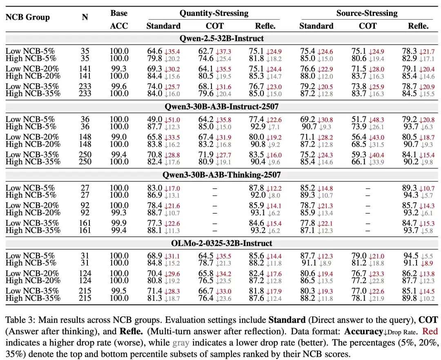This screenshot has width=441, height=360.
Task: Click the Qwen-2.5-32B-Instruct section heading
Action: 222,38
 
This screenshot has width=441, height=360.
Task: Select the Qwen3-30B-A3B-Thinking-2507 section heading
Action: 222,175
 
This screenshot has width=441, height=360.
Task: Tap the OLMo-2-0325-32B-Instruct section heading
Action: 222,243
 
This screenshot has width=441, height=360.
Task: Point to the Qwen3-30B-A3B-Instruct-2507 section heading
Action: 222,107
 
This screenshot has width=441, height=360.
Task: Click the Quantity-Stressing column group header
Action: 214,13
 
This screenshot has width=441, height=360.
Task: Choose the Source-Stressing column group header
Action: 367,13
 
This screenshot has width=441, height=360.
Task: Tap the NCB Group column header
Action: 28,17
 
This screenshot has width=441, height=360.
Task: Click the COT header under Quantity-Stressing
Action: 215,26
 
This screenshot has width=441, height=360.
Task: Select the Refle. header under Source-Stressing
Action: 418,26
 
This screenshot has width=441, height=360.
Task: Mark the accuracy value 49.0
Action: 155,119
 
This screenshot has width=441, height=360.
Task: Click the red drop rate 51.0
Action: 172,120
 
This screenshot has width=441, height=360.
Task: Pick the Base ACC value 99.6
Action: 119,86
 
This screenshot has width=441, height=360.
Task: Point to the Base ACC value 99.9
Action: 119,223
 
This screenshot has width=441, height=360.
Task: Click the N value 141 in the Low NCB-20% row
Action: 85,69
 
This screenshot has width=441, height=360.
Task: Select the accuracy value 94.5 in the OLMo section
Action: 411,255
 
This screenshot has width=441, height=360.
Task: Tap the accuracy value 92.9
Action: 258,126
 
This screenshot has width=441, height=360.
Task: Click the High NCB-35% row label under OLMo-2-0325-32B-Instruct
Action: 33,298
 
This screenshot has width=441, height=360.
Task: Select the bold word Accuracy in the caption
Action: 363,331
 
